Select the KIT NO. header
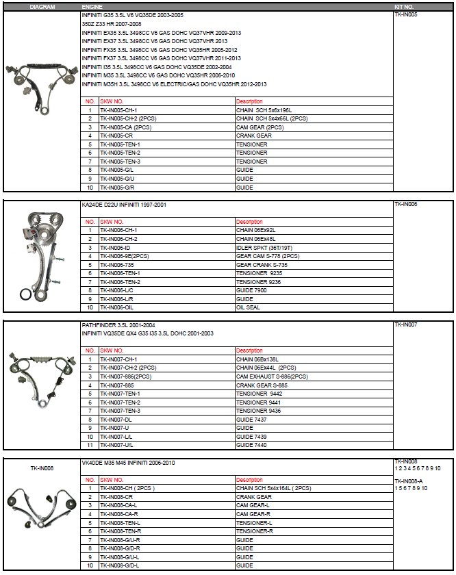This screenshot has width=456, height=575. click(405, 5)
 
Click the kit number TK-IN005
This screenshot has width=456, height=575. click(406, 14)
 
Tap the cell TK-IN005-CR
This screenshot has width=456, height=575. click(116, 136)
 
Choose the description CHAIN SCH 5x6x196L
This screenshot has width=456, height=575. click(264, 110)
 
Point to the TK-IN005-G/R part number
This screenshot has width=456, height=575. click(118, 187)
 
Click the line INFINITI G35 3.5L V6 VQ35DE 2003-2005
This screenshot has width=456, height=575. click(132, 14)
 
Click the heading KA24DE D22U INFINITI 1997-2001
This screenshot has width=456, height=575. click(123, 205)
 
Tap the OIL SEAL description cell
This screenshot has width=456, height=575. click(249, 307)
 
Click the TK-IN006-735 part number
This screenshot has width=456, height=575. click(117, 264)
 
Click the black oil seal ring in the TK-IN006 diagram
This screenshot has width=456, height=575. click(25, 295)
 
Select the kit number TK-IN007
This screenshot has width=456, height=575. click(406, 324)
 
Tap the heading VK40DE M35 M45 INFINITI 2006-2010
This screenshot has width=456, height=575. click(128, 463)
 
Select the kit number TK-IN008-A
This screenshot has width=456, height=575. click(409, 481)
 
